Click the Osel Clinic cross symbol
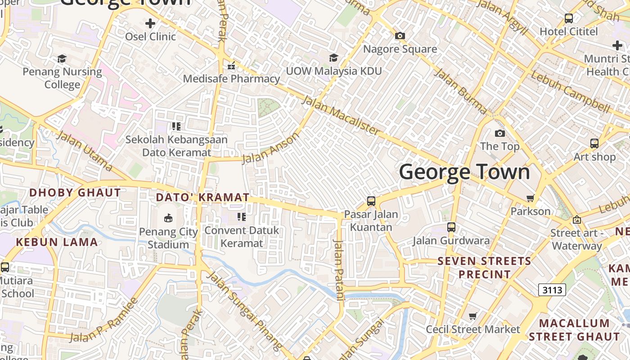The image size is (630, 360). tap(150, 23)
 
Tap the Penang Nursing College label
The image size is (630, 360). tap(62, 78)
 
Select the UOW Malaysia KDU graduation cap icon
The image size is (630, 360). tap(333, 58)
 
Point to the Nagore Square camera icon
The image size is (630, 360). tap(400, 36)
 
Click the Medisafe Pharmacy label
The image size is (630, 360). tap(231, 79)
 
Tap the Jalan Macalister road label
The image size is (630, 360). tap(341, 115)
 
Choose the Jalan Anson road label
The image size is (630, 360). tap(270, 149)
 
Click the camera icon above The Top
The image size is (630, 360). tap(499, 134)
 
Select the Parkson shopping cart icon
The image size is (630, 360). tap(531, 198)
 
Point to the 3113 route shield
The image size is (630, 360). tap(552, 290)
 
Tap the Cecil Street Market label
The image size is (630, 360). tap(473, 329)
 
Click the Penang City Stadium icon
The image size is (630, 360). tap(168, 218)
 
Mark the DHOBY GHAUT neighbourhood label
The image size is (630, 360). tap(75, 193)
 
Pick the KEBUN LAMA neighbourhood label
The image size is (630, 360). tap(57, 242)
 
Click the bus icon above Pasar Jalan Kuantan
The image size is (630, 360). tap(371, 201)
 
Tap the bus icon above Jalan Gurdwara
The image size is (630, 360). tap(451, 227)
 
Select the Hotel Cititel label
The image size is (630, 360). tap(569, 31)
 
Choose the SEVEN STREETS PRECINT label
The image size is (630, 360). tap(485, 268)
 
